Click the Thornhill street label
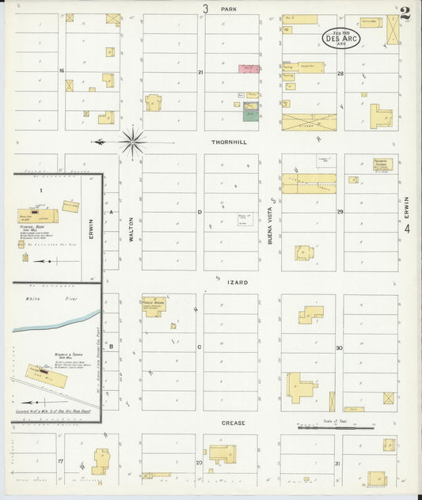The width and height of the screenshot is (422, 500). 229,143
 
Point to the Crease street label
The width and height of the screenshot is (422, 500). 234,423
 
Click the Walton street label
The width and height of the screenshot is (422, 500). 131,229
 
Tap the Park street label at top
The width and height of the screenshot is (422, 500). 230,9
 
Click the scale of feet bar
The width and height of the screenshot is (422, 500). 324,428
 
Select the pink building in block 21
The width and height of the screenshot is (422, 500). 249,69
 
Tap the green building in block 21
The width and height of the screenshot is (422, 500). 249,116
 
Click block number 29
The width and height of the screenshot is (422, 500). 340,212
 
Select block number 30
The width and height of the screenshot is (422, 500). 340,348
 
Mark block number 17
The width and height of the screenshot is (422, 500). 60,460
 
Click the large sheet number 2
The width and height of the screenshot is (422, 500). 405,14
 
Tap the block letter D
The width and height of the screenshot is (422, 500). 200,212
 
